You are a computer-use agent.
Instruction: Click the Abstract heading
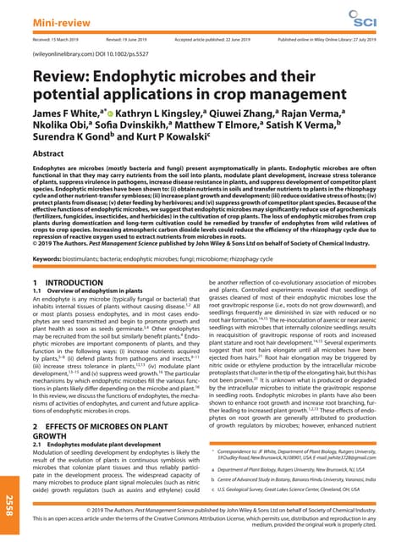[x=50, y=155]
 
